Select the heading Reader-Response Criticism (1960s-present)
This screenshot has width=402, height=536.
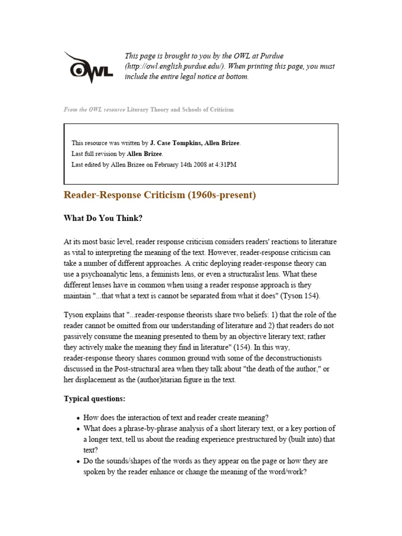(160, 195)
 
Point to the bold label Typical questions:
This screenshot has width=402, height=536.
(95, 398)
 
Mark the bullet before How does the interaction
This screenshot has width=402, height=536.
(77, 418)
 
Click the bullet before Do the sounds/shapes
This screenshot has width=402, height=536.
(77, 462)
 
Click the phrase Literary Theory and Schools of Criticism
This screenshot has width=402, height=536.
(181, 110)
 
